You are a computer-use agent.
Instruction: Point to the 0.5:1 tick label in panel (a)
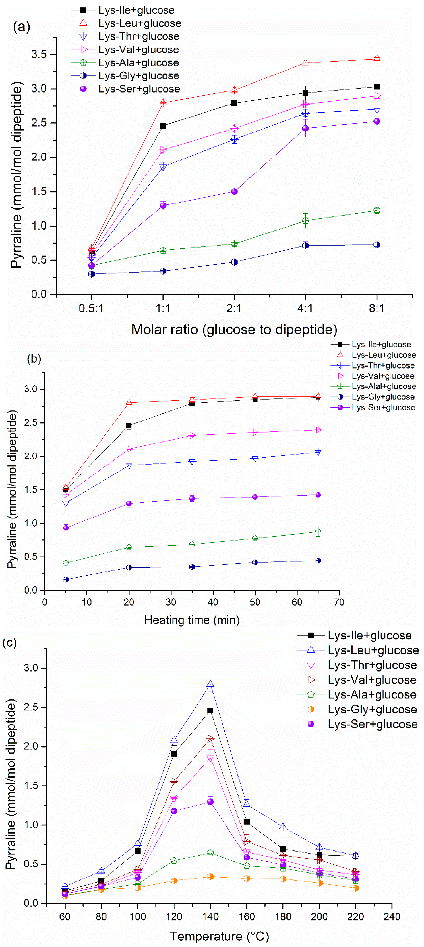pos(92,308)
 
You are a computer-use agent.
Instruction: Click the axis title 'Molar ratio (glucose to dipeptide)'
pos(234,329)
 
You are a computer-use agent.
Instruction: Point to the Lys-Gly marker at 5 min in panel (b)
pos(66,580)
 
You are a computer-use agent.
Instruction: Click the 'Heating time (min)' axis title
pos(192,620)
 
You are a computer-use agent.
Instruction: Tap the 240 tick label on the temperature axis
pos(392,917)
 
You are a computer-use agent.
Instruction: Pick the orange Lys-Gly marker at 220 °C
pos(355,888)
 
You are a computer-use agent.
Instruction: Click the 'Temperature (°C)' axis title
pos(219,936)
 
